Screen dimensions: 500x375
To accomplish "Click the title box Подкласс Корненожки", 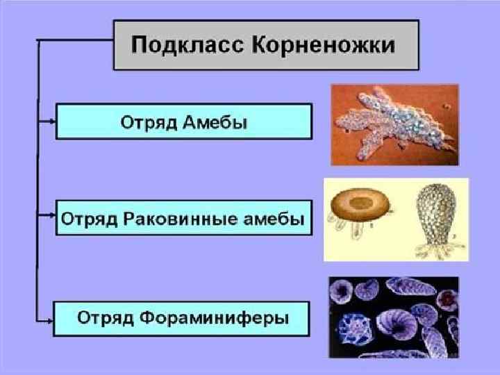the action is [x=266, y=45].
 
